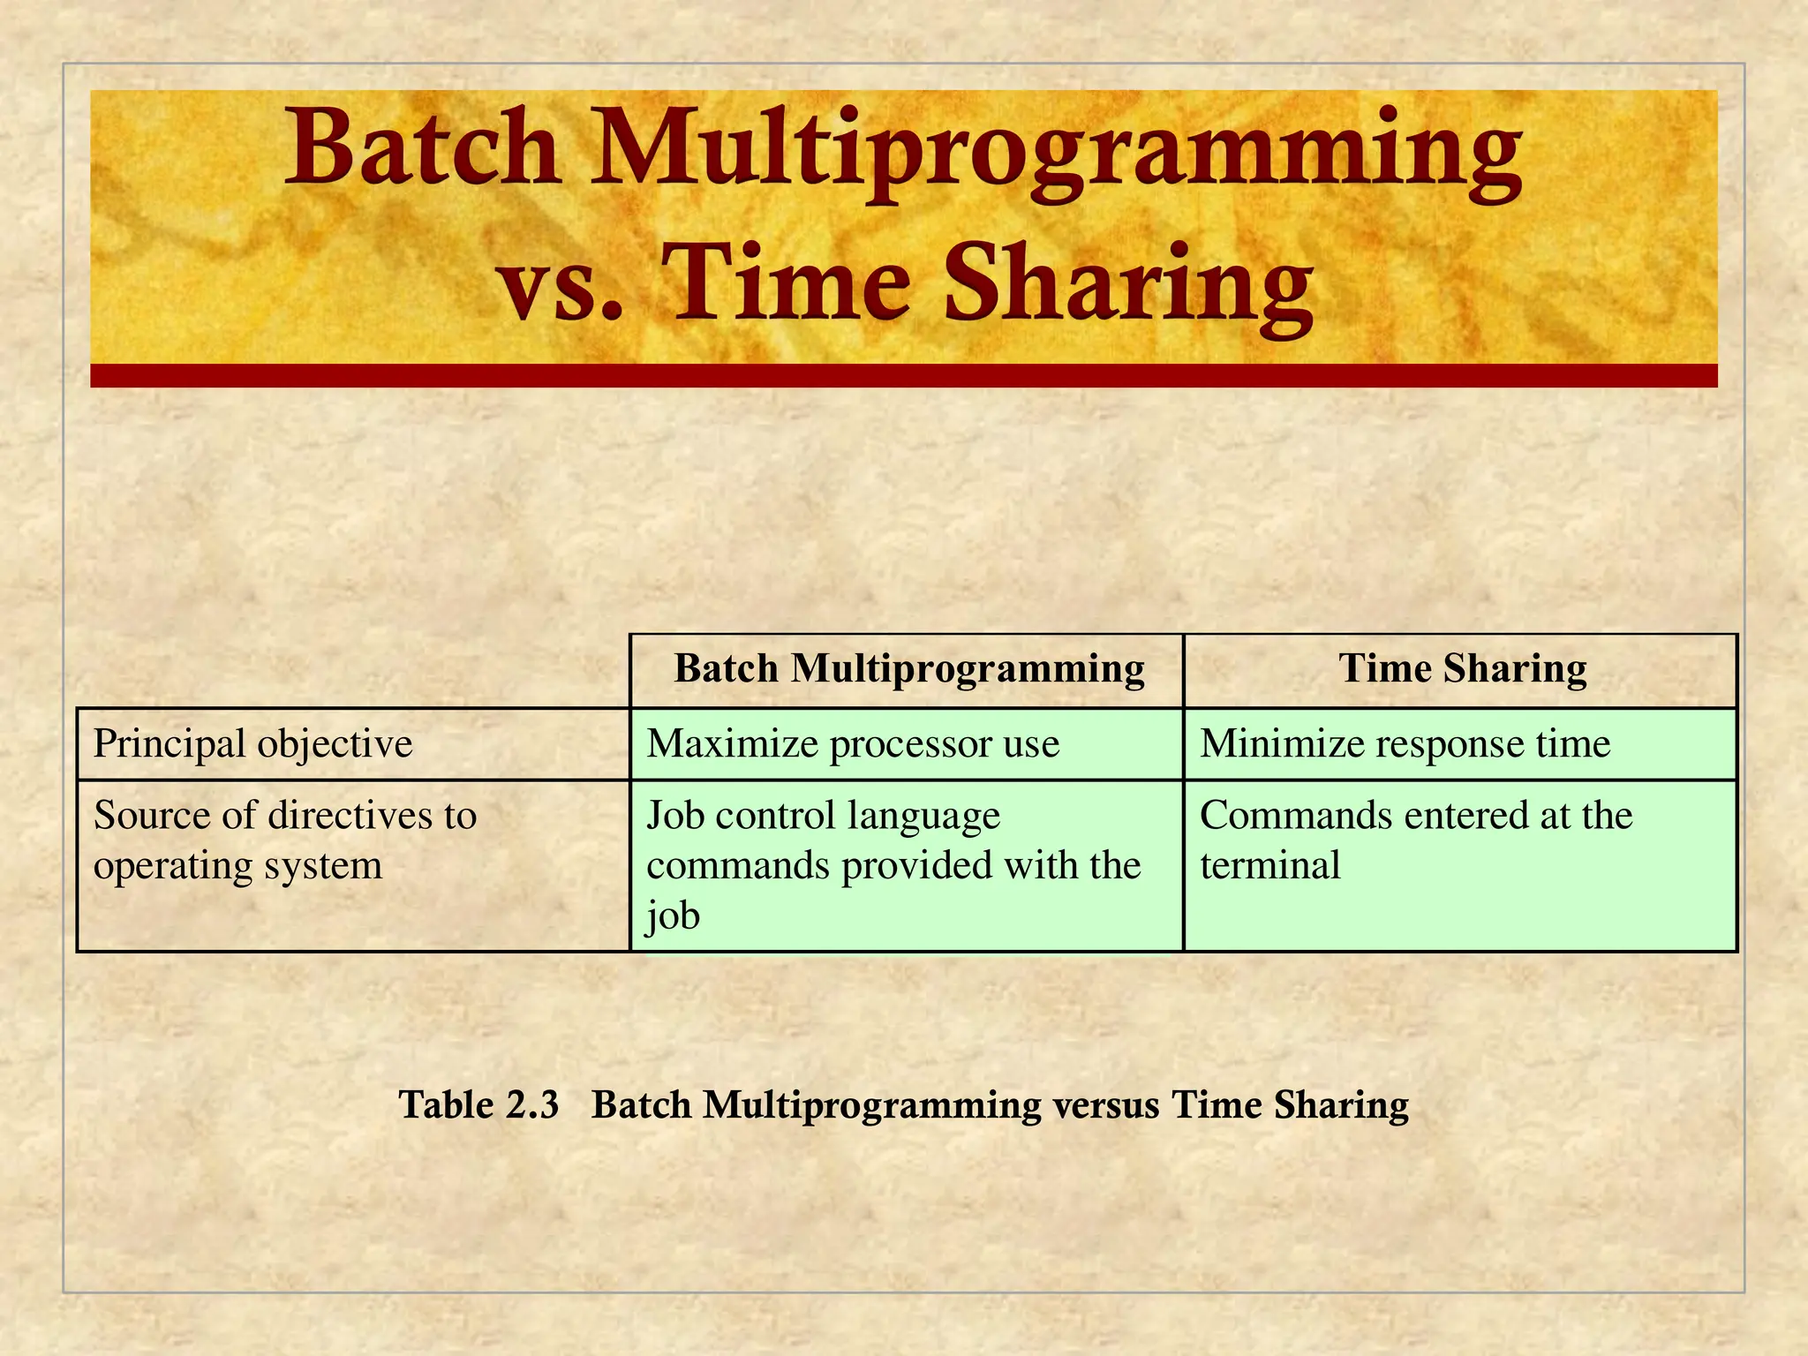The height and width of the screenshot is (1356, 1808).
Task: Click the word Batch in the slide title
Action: (x=421, y=148)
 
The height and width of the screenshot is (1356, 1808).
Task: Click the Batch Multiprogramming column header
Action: (x=908, y=668)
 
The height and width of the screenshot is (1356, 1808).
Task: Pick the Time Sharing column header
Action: (x=1462, y=668)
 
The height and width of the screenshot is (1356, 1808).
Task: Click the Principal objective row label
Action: (x=252, y=743)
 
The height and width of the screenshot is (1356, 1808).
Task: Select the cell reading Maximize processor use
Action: (x=852, y=743)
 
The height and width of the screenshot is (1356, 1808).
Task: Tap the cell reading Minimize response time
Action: (x=1405, y=743)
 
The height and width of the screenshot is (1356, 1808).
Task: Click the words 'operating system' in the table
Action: (x=237, y=865)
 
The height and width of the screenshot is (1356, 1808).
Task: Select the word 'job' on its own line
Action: (x=673, y=915)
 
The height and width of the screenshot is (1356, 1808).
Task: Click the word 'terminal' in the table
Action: (x=1269, y=865)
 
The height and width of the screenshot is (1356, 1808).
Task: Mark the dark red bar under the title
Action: (x=903, y=375)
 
